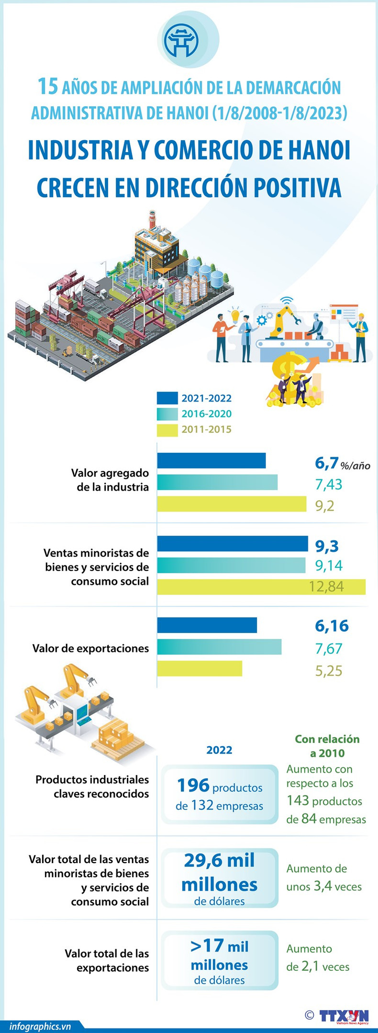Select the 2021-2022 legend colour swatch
point(167,398)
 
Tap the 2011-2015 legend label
point(206,429)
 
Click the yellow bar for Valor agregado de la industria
point(232,504)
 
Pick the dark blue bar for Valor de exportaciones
point(207,625)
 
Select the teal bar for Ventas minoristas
point(231,565)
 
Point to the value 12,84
point(326,586)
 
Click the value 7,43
point(328,484)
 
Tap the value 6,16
point(332,626)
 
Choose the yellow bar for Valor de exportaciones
point(200,669)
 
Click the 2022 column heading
point(219,750)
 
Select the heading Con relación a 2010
point(327,746)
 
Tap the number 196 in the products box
point(193,786)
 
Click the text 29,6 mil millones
point(220,872)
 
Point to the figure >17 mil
point(220,945)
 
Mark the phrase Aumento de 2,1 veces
point(318,957)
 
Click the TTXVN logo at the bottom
point(344,1016)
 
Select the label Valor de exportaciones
point(90,648)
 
